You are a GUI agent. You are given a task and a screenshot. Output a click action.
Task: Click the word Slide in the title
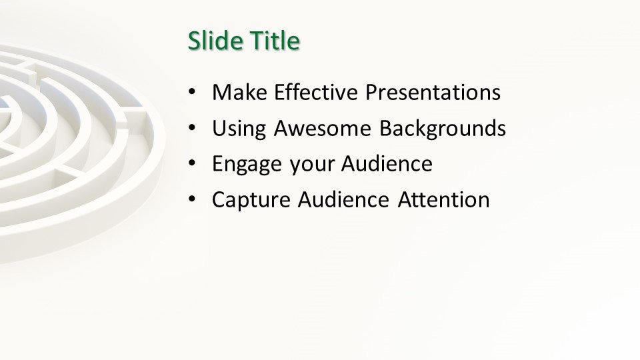(x=215, y=41)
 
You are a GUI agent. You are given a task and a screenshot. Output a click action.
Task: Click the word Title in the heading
(x=275, y=41)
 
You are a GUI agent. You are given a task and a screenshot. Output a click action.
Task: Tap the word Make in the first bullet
(x=239, y=92)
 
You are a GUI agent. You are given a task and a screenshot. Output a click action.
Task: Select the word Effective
(x=316, y=92)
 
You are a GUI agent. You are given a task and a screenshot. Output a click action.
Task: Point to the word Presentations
(x=433, y=92)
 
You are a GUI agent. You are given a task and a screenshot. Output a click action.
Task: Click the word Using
(x=239, y=129)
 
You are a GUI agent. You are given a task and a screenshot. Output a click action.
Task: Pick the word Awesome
(x=323, y=128)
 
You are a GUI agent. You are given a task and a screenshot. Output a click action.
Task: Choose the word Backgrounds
(x=443, y=129)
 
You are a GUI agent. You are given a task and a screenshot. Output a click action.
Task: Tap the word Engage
(x=247, y=165)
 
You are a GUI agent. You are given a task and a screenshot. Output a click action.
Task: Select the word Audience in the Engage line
(x=387, y=164)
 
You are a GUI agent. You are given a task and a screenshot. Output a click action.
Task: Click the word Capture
(x=251, y=201)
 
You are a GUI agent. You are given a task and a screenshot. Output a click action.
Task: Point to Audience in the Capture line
(x=343, y=199)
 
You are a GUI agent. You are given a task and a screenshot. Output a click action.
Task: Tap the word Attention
(x=444, y=199)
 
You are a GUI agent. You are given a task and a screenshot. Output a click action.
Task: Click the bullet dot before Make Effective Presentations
(x=192, y=92)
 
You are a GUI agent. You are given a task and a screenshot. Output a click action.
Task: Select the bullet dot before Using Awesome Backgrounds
(x=192, y=128)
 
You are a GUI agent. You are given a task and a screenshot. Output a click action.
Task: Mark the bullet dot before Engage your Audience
(x=192, y=164)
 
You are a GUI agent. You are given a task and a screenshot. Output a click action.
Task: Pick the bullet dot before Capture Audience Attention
(x=192, y=200)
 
